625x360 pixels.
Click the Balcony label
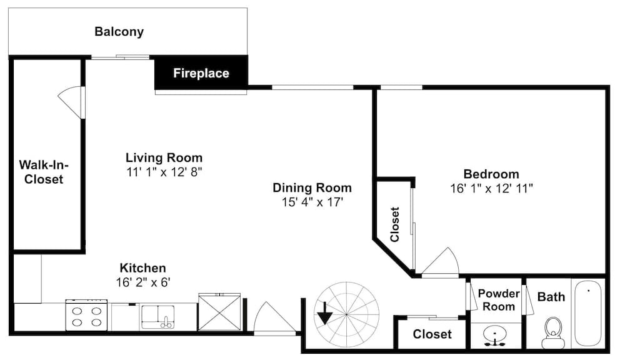click(x=119, y=31)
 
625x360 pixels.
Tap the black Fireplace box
click(x=201, y=72)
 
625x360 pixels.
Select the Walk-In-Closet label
click(x=44, y=172)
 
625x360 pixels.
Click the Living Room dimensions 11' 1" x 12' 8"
click(x=164, y=172)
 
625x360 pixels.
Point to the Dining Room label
click(x=312, y=187)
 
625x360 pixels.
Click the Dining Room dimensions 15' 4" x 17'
click(x=312, y=202)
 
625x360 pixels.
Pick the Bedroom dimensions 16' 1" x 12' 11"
click(x=491, y=188)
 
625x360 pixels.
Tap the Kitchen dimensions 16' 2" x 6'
click(x=143, y=282)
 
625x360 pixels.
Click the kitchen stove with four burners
click(x=86, y=316)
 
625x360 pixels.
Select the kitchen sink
click(x=157, y=317)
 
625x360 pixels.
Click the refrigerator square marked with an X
click(x=219, y=312)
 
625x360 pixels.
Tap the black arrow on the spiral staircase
click(x=325, y=313)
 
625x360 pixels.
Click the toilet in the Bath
click(x=553, y=332)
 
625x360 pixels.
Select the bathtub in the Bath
click(x=588, y=314)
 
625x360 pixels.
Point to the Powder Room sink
click(x=494, y=336)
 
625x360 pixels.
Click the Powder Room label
click(x=499, y=300)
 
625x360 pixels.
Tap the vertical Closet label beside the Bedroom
click(x=394, y=224)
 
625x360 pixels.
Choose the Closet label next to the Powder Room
click(x=432, y=334)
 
